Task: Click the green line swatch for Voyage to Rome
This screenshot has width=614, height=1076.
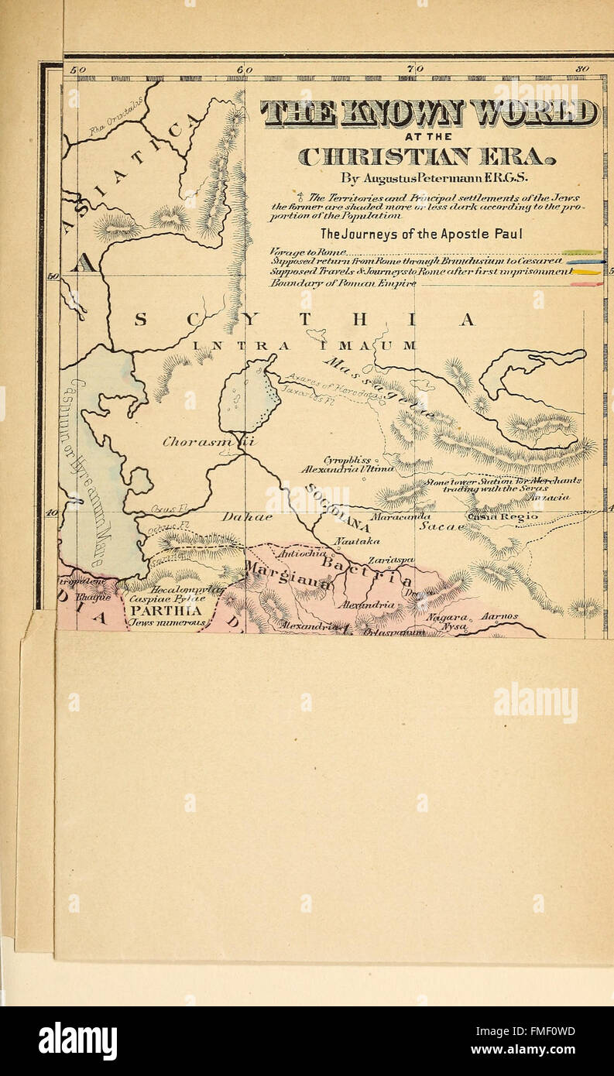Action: point(582,252)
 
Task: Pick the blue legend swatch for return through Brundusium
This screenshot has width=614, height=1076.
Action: point(585,262)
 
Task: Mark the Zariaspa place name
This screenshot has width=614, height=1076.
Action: point(391,560)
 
